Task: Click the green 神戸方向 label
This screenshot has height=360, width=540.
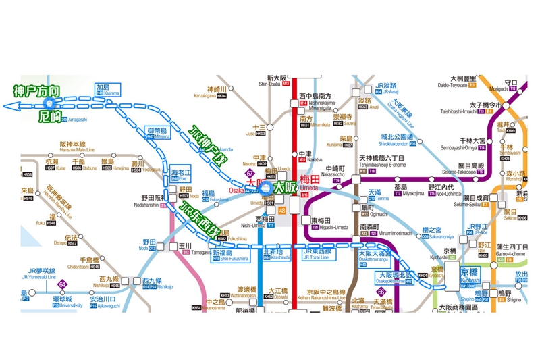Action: click(36, 91)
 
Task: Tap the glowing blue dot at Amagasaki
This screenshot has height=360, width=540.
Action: click(49, 103)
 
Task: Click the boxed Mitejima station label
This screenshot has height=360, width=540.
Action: click(156, 132)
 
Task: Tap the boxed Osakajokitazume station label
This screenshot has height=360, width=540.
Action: click(395, 277)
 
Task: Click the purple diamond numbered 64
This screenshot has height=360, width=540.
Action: click(62, 284)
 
